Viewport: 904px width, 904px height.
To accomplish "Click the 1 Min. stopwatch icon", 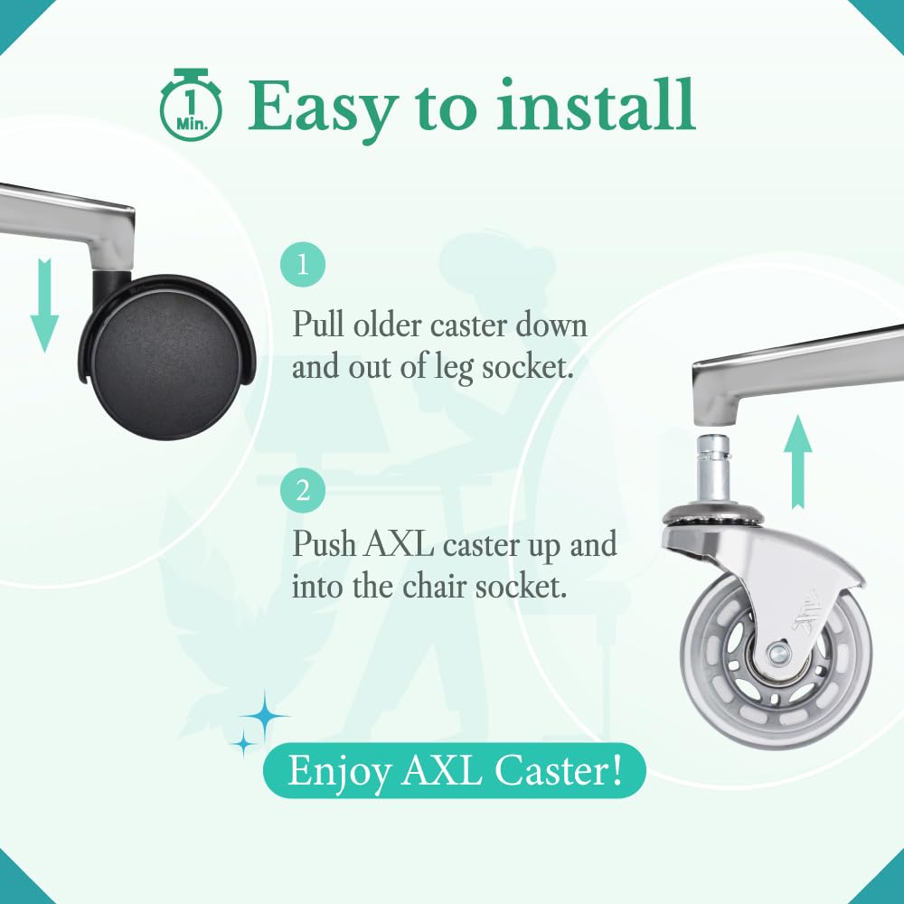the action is pos(190,105).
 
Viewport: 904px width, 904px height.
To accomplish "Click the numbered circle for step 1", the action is pos(303,265).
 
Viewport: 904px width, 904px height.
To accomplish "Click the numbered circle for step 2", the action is pos(303,491).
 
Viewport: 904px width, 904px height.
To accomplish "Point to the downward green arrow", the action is pos(44,306).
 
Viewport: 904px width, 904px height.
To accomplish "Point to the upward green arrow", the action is pos(798,461).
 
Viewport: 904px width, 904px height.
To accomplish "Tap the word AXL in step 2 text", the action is pos(399,544).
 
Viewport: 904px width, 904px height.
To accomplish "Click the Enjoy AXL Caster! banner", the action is pos(455,770).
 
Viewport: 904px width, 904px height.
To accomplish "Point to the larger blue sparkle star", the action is pos(265,717).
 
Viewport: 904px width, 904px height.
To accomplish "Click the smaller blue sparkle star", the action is pos(244,744).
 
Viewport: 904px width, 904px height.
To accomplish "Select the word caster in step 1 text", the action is pos(468,326).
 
